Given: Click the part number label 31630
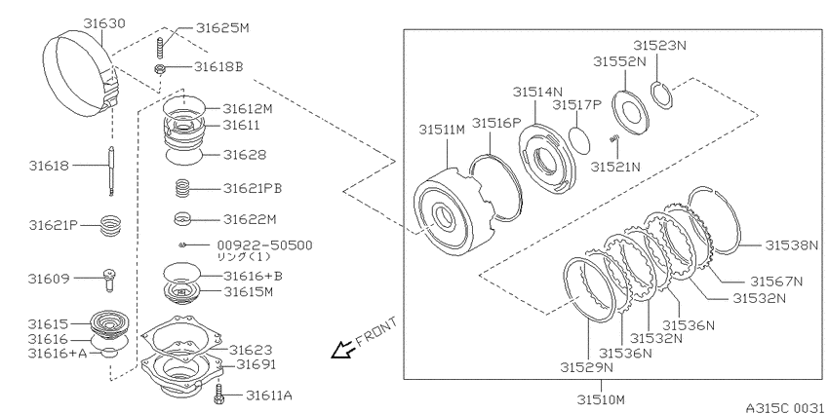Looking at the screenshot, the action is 104,23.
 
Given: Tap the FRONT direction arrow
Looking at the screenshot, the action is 341,350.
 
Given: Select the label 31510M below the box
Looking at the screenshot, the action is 601,398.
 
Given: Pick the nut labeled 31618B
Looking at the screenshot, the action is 159,68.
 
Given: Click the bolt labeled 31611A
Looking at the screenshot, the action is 217,395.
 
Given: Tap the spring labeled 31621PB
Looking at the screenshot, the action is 182,189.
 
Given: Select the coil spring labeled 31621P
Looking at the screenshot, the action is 111,226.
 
